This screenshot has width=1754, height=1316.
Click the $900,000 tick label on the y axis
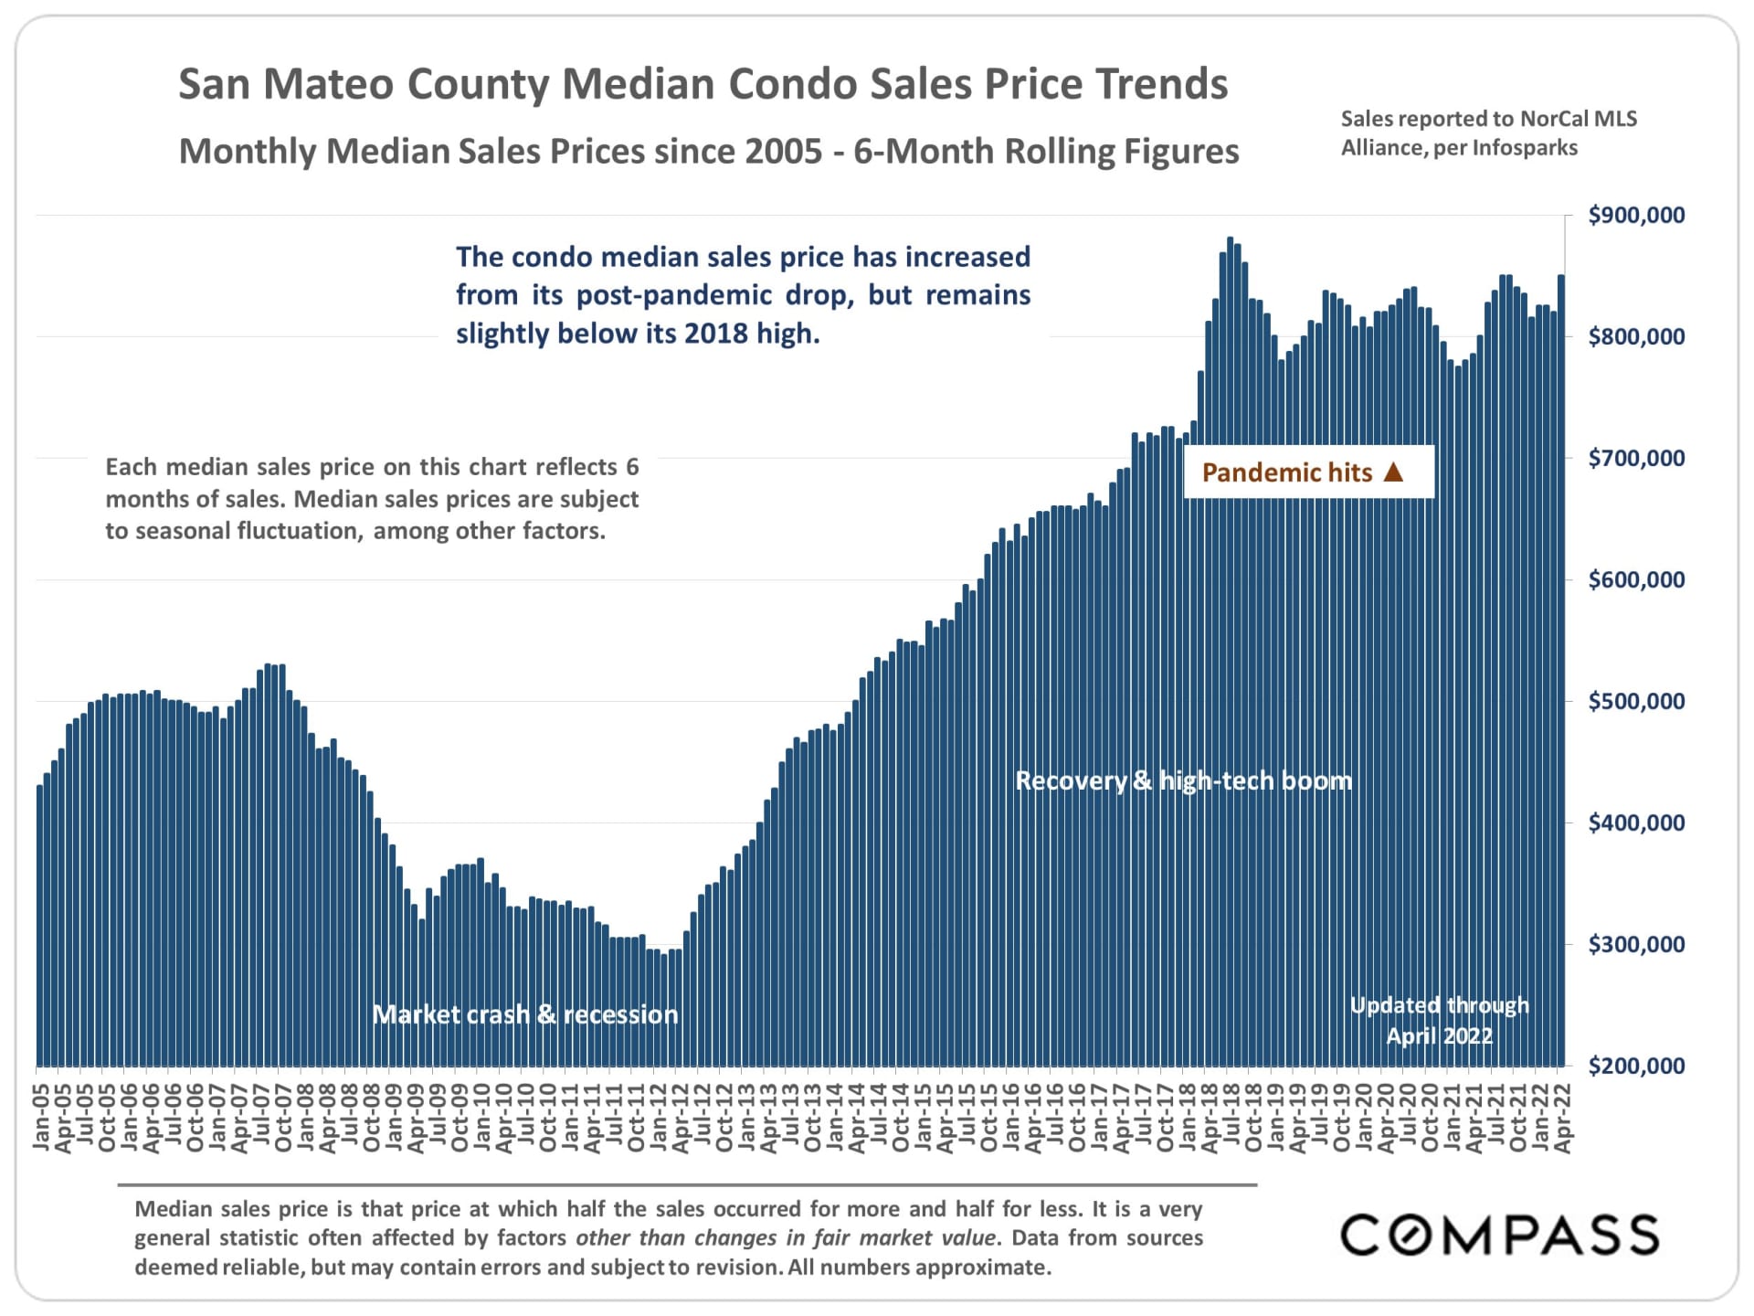tap(1636, 216)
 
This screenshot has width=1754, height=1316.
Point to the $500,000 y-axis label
tap(1636, 702)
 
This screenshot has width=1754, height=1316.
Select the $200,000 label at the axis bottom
tap(1636, 1066)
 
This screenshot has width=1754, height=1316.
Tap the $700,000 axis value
tap(1636, 459)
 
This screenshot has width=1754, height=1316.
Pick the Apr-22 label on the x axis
tap(1563, 1118)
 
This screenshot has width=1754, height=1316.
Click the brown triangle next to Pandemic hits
tap(1393, 472)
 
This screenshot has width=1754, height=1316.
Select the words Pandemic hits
tap(1286, 472)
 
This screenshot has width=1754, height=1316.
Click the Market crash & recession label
tap(525, 1014)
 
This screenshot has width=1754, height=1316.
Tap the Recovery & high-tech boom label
tap(1183, 780)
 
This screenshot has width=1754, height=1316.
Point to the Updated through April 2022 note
tap(1439, 1021)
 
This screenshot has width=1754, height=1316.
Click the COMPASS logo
tap(1499, 1236)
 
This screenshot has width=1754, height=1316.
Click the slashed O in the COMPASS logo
tap(1411, 1236)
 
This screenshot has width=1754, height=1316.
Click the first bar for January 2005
tap(40, 923)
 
